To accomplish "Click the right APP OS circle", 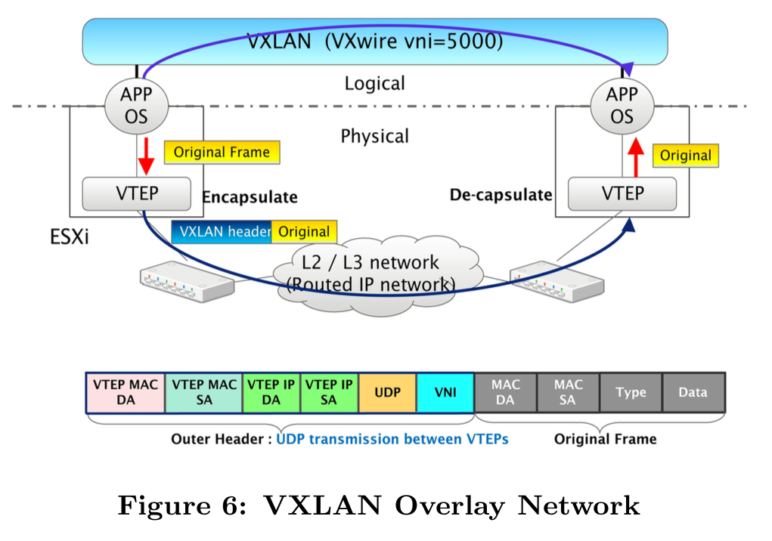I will tap(622, 106).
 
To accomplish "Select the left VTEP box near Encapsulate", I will tap(136, 193).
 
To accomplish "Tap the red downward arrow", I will tap(145, 155).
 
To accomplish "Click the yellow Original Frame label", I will tap(221, 153).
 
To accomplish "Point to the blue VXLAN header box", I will tap(222, 232).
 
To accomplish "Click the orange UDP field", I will tap(387, 392).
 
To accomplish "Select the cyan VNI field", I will tap(445, 392).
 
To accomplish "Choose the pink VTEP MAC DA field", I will tap(126, 392).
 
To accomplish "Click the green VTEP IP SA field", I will tap(329, 392).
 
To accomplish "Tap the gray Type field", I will tap(631, 392).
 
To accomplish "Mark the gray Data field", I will tap(693, 392).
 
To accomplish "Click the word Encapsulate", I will tap(250, 197).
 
